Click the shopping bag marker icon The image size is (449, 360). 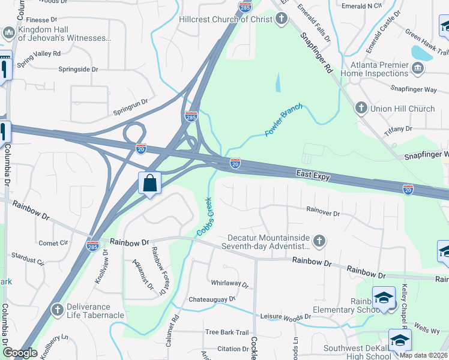click(x=149, y=182)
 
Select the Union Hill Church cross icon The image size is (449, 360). click(x=361, y=109)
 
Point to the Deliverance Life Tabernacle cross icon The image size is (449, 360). click(x=57, y=310)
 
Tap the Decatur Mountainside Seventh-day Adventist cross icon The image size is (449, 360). click(x=319, y=241)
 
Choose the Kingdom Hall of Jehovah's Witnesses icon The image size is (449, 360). click(x=9, y=32)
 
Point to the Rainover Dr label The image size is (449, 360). click(x=323, y=212)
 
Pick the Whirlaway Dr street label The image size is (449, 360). click(x=229, y=283)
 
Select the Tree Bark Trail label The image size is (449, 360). click(x=226, y=332)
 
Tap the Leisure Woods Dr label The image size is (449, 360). click(x=285, y=316)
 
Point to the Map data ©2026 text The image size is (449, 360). click(x=424, y=355)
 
